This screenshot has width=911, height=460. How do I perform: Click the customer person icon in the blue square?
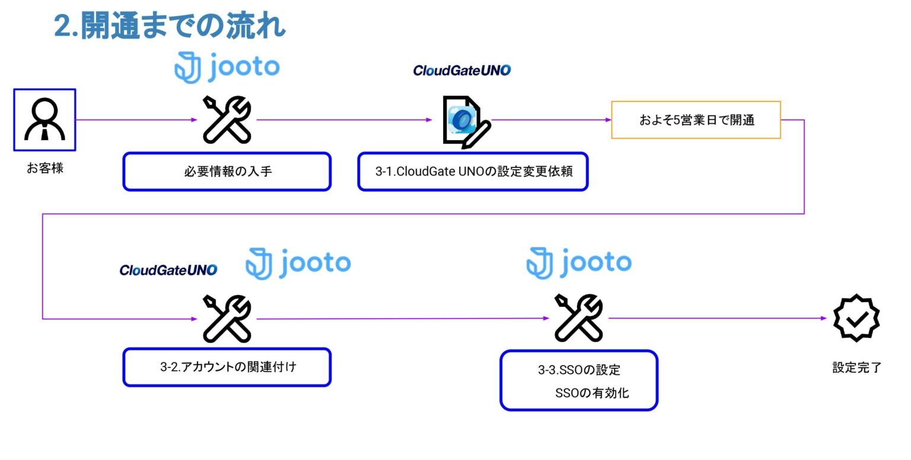pos(45,120)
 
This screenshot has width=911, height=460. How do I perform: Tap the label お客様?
pos(45,168)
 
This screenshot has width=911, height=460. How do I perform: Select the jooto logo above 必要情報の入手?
pos(227,68)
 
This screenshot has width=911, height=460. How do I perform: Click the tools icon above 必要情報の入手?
pos(227,120)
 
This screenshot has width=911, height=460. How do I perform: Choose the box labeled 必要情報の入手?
pos(227,172)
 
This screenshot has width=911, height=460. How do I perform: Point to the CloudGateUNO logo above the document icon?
pos(461,71)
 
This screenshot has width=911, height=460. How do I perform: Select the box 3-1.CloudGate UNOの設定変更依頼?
pos(473,172)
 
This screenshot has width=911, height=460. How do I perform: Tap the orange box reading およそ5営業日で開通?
pos(696,120)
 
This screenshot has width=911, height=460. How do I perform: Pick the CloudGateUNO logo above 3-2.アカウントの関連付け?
pos(168,271)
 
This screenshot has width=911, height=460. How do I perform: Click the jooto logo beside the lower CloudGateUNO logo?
pos(298,264)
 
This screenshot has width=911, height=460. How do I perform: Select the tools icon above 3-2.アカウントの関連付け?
pos(227,319)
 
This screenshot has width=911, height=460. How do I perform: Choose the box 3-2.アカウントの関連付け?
pos(227,367)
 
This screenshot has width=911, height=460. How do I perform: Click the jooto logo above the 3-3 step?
pos(579,263)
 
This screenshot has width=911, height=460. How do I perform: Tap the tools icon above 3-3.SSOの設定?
pos(578,318)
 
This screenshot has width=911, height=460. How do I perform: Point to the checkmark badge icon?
pos(856,318)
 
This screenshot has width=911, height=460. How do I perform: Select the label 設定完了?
pos(856,367)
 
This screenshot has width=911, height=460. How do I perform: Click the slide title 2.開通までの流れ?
pos(170,26)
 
